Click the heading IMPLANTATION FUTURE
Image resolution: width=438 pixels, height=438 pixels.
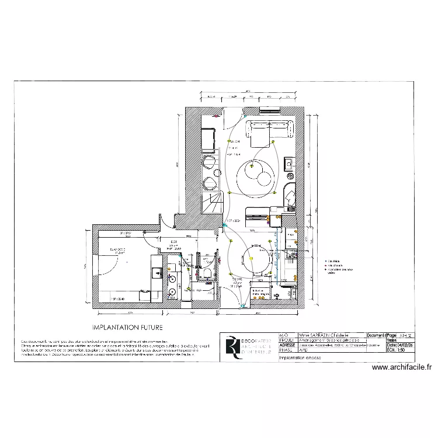[x=127, y=328]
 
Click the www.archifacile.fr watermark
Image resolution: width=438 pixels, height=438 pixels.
[x=403, y=368]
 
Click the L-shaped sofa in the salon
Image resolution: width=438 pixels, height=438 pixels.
[x=269, y=130]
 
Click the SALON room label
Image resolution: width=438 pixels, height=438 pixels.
[x=235, y=142]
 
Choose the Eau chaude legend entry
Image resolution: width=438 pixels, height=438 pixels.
[x=334, y=266]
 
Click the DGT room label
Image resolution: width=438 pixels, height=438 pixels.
[x=173, y=242]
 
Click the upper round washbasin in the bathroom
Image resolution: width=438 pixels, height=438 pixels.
[x=171, y=277]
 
